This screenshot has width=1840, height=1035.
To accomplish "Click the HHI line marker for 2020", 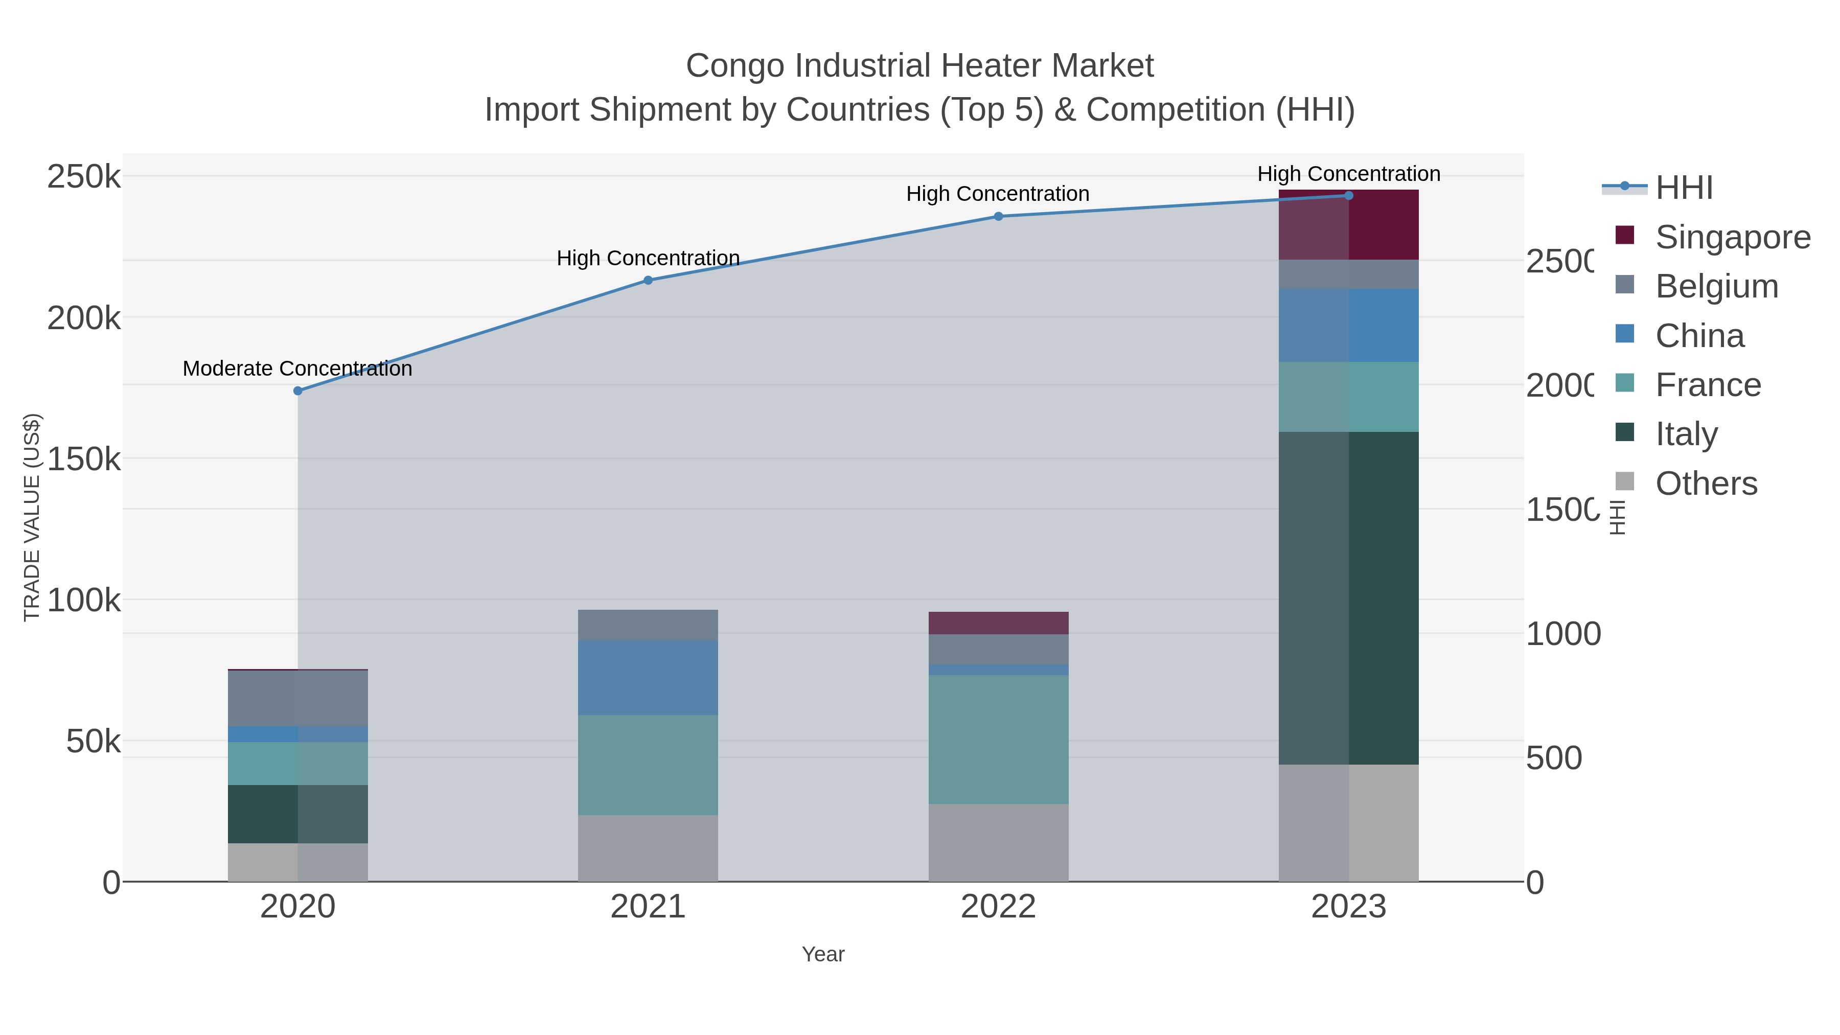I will tap(298, 390).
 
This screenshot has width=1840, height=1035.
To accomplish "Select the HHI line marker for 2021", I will tap(648, 280).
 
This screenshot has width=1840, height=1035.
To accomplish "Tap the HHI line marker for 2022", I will tap(999, 216).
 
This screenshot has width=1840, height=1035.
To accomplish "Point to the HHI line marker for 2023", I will tap(1349, 196).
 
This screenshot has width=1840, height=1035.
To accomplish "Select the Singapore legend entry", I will tap(1732, 237).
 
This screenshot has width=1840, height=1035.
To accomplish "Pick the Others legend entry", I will tap(1706, 484).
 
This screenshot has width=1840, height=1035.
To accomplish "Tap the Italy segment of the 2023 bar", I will tap(1349, 598).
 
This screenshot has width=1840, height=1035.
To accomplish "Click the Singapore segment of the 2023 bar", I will tap(1349, 225).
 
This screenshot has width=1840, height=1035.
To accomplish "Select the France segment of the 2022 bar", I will tap(999, 739).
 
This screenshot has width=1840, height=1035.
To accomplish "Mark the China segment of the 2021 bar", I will tap(648, 678).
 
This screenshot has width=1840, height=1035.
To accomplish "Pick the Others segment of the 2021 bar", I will tap(648, 848).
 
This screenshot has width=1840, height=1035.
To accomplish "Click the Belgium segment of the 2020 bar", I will tap(298, 698).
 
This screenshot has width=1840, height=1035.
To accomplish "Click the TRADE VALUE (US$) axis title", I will tap(32, 517).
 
